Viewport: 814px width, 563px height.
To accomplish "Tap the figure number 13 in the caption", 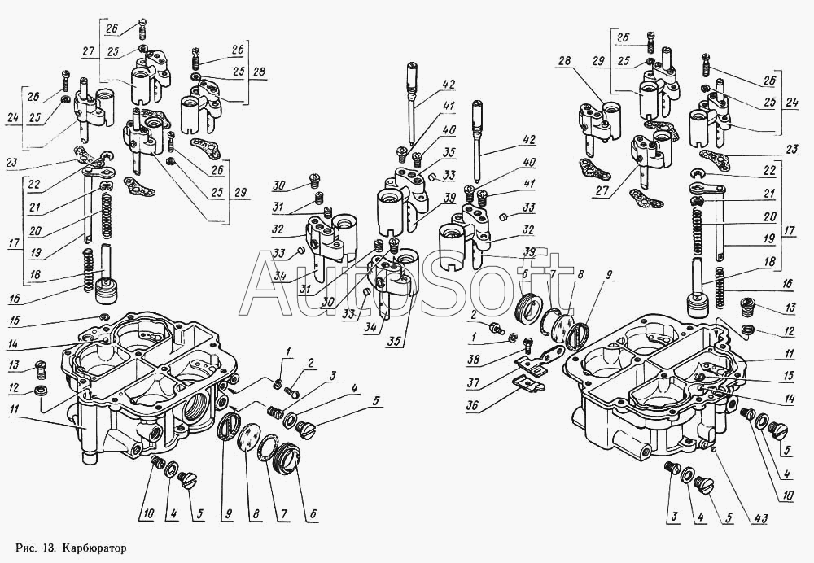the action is [50, 548].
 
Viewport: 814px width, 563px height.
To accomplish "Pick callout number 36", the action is [471, 404].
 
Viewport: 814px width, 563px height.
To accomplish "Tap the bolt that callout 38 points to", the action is [527, 344].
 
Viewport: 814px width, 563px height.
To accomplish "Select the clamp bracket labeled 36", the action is [527, 384].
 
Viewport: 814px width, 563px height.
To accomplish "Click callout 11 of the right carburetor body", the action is [789, 355].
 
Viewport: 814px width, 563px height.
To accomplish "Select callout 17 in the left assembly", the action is [14, 242].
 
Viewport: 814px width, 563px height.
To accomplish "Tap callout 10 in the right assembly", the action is [787, 496].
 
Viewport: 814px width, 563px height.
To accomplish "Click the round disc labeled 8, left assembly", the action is [247, 434].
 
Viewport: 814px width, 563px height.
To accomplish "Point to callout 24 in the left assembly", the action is [13, 118].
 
